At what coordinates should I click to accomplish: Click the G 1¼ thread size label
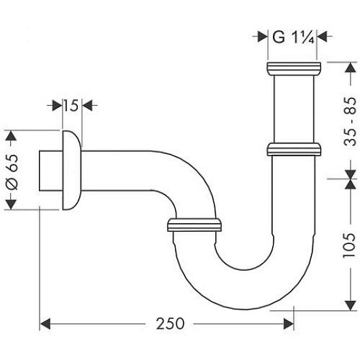[x=292, y=35]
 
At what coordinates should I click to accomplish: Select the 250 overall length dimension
[x=167, y=324]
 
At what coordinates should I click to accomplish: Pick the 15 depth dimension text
[x=69, y=106]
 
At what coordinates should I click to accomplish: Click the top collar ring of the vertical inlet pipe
[x=292, y=69]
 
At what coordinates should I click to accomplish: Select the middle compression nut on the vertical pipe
[x=292, y=148]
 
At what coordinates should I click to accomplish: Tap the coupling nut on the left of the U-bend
[x=192, y=225]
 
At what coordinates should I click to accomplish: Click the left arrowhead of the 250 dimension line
[x=43, y=324]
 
